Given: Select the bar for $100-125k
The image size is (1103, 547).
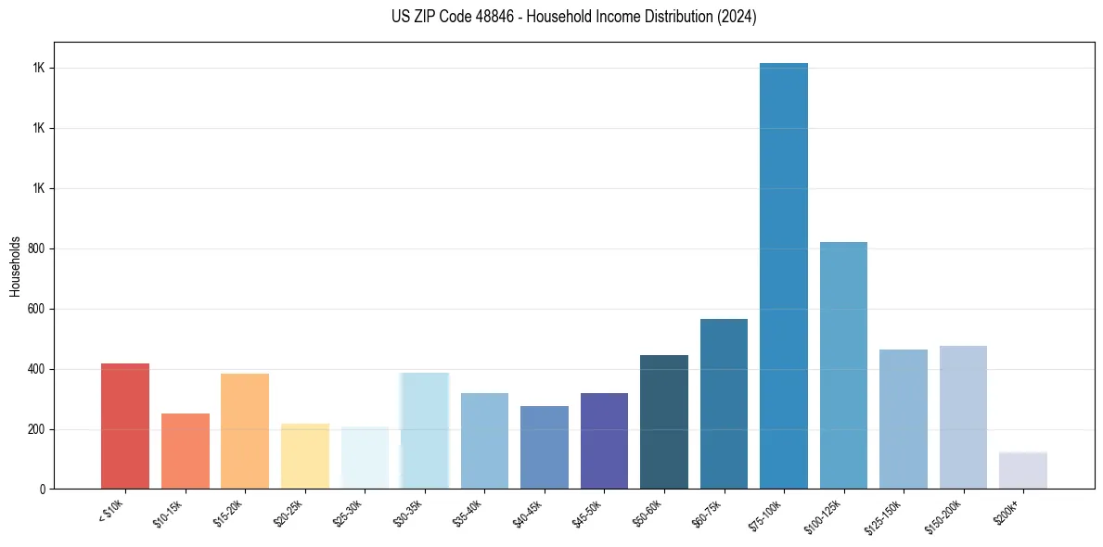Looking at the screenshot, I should [843, 365].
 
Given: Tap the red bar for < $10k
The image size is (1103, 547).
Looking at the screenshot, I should [125, 426].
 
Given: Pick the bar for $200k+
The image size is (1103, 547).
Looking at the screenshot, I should [1023, 470].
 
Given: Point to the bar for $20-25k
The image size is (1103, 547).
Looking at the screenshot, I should [305, 456].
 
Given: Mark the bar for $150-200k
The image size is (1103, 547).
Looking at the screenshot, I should [963, 417].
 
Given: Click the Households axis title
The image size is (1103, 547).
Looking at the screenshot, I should [15, 266].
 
